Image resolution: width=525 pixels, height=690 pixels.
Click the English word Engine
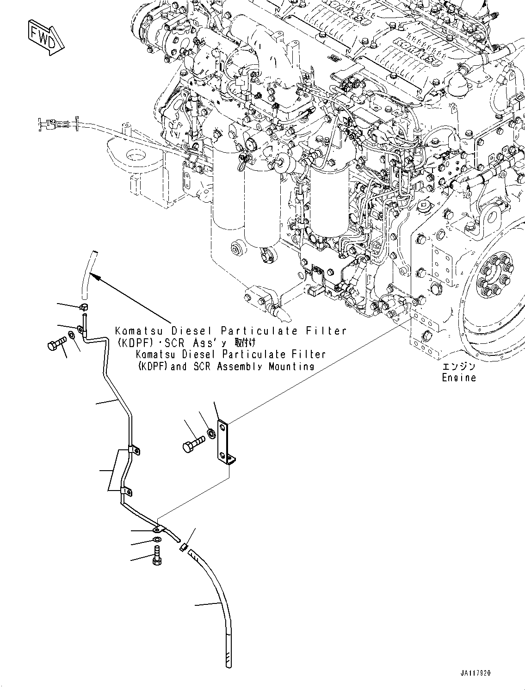[x=458, y=378]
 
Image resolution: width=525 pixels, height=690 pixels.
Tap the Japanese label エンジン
[x=458, y=367]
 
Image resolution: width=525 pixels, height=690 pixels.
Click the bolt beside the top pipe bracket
[x=56, y=345]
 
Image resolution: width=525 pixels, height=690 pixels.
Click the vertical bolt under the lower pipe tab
[x=156, y=555]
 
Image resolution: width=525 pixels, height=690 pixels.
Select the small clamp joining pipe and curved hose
[x=183, y=548]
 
